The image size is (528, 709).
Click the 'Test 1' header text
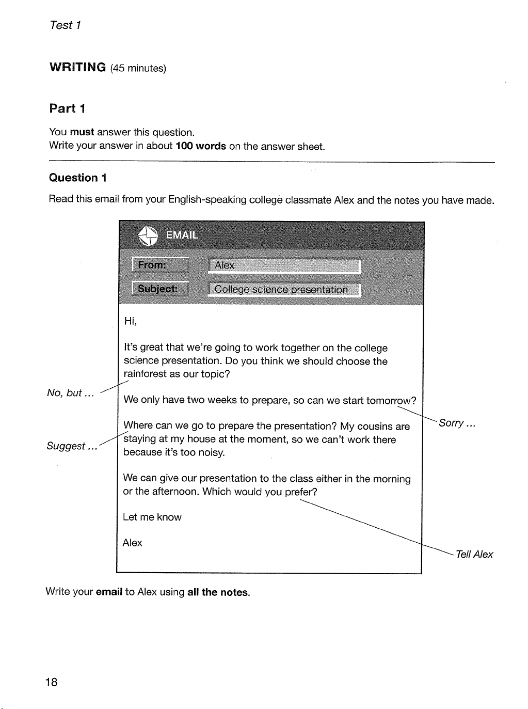pos(65,25)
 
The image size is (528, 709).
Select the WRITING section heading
pos(77,67)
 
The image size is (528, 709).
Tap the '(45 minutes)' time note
pos(138,68)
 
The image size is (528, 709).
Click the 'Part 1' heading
pos(67,108)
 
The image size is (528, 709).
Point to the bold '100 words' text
pos(201,146)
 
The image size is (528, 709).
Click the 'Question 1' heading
pos(77,178)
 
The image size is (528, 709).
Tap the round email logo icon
pos(148,236)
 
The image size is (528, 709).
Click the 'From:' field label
pos(160,265)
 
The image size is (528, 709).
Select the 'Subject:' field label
pos(160,289)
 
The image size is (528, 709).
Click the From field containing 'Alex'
pos(284,265)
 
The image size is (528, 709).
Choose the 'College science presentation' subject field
pos(284,290)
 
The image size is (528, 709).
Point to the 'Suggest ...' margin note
pos(72,446)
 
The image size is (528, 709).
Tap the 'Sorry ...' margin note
pos(457,423)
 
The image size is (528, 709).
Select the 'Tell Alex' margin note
pos(474,555)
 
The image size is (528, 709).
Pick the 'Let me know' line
pos(152,517)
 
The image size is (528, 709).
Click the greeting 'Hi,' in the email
pos(130,321)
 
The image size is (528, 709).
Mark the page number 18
pos(52,682)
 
